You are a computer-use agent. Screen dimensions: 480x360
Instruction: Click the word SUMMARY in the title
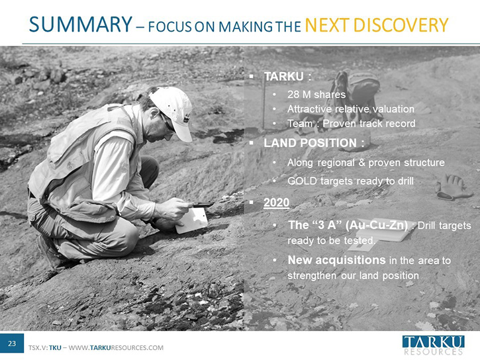coord(81,24)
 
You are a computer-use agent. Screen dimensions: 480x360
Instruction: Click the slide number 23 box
coord(12,343)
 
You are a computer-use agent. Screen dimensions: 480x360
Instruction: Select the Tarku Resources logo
coord(433,345)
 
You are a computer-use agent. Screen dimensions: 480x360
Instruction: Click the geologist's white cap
coord(173,111)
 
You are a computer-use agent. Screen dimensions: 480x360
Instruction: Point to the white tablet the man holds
coord(192,220)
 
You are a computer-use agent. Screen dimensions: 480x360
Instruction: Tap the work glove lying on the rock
coord(453,187)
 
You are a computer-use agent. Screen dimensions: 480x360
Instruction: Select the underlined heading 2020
coord(277,202)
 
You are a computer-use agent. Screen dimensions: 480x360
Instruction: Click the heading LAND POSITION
coord(314,143)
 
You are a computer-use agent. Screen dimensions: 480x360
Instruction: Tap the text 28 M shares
coord(316,95)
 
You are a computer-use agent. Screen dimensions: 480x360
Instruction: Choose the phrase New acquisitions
coord(337,260)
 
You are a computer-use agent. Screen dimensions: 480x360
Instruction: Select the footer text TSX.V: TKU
coord(45,348)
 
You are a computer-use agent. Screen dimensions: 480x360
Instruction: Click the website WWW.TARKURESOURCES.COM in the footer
coord(116,348)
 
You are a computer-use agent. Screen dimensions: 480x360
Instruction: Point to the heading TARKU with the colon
coord(287,77)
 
